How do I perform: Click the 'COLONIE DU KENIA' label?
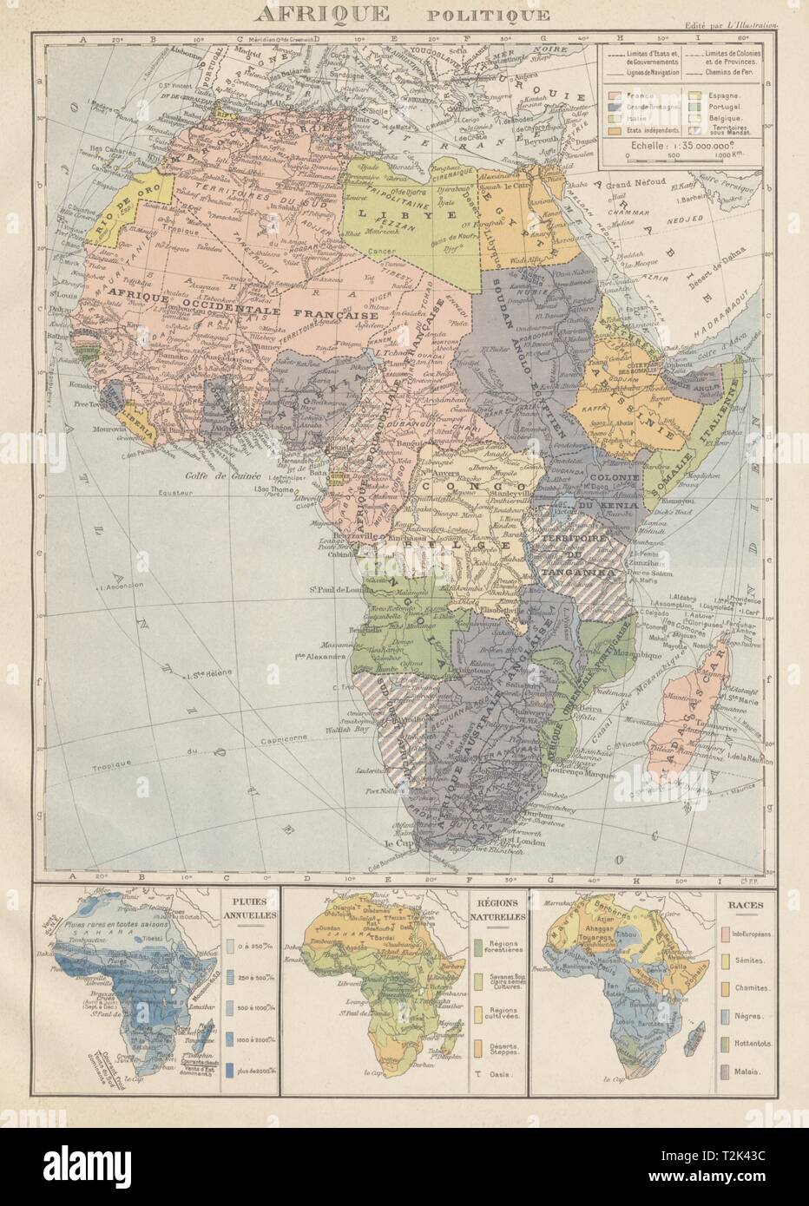615,491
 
